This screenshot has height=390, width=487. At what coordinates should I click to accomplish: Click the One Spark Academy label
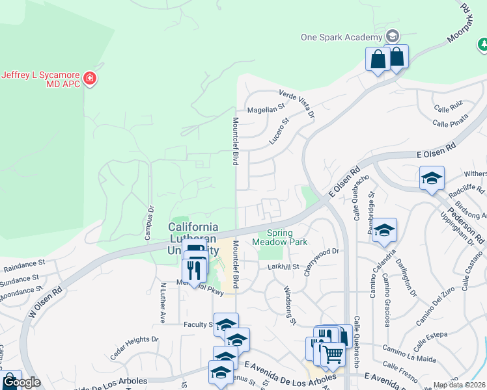(x=341, y=37)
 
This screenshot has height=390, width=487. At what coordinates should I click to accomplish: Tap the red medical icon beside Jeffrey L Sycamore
(x=90, y=79)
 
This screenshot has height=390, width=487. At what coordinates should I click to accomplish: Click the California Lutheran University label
(x=193, y=238)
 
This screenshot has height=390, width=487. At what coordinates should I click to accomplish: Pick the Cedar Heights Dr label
(x=135, y=339)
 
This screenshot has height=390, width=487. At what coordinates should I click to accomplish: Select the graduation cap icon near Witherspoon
(x=432, y=178)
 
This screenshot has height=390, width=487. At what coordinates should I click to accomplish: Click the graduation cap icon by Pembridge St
(x=385, y=230)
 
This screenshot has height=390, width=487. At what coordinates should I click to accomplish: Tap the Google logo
(x=21, y=382)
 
